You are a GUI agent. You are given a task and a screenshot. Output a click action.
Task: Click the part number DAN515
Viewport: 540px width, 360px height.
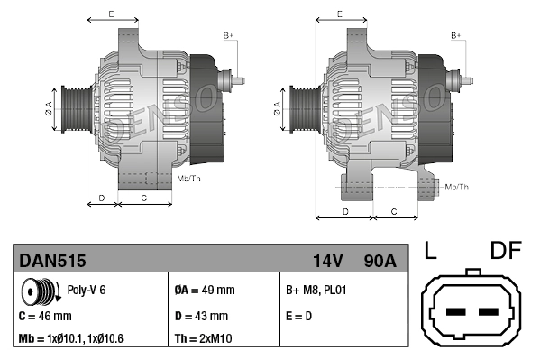point(52,262)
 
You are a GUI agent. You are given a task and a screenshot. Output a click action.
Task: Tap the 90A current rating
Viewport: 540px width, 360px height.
point(378,262)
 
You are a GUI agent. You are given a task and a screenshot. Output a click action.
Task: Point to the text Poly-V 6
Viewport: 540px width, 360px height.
point(87,291)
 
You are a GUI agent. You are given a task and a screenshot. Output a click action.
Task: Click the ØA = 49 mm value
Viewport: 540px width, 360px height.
point(204,291)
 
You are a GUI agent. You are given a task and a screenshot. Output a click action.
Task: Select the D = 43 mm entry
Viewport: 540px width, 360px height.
point(200,317)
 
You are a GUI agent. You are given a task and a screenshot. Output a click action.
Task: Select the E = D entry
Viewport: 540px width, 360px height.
point(300,317)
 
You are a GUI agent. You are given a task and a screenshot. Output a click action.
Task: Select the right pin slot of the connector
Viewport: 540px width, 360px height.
point(490,313)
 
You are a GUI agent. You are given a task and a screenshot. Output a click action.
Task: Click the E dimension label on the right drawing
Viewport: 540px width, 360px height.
point(339,14)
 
